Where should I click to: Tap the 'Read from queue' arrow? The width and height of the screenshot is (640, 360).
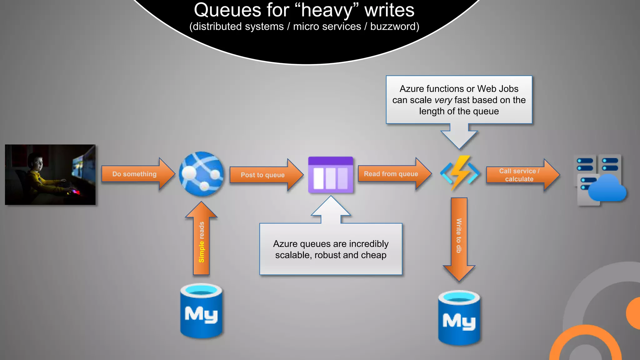pos(395,174)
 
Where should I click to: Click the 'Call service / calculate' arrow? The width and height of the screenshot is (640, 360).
pos(523,175)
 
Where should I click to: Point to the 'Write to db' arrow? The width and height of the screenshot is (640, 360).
pos(459,239)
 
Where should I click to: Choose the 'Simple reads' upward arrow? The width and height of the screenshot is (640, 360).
pos(201,238)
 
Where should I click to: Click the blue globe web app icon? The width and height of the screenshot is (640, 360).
pos(202,174)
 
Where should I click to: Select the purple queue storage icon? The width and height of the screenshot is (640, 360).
pos(331,175)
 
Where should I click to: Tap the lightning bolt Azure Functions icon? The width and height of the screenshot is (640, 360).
pos(459,173)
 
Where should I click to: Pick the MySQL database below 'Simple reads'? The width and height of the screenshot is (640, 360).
pos(201,311)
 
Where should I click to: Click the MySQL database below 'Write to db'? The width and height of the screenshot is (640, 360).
pos(459,318)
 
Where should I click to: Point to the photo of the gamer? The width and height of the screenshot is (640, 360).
pos(50,175)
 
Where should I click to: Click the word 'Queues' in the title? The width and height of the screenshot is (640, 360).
pos(227,10)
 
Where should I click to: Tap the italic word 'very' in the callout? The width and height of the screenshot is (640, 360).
pos(443,100)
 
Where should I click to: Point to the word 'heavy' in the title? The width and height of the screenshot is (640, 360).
pos(327,11)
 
